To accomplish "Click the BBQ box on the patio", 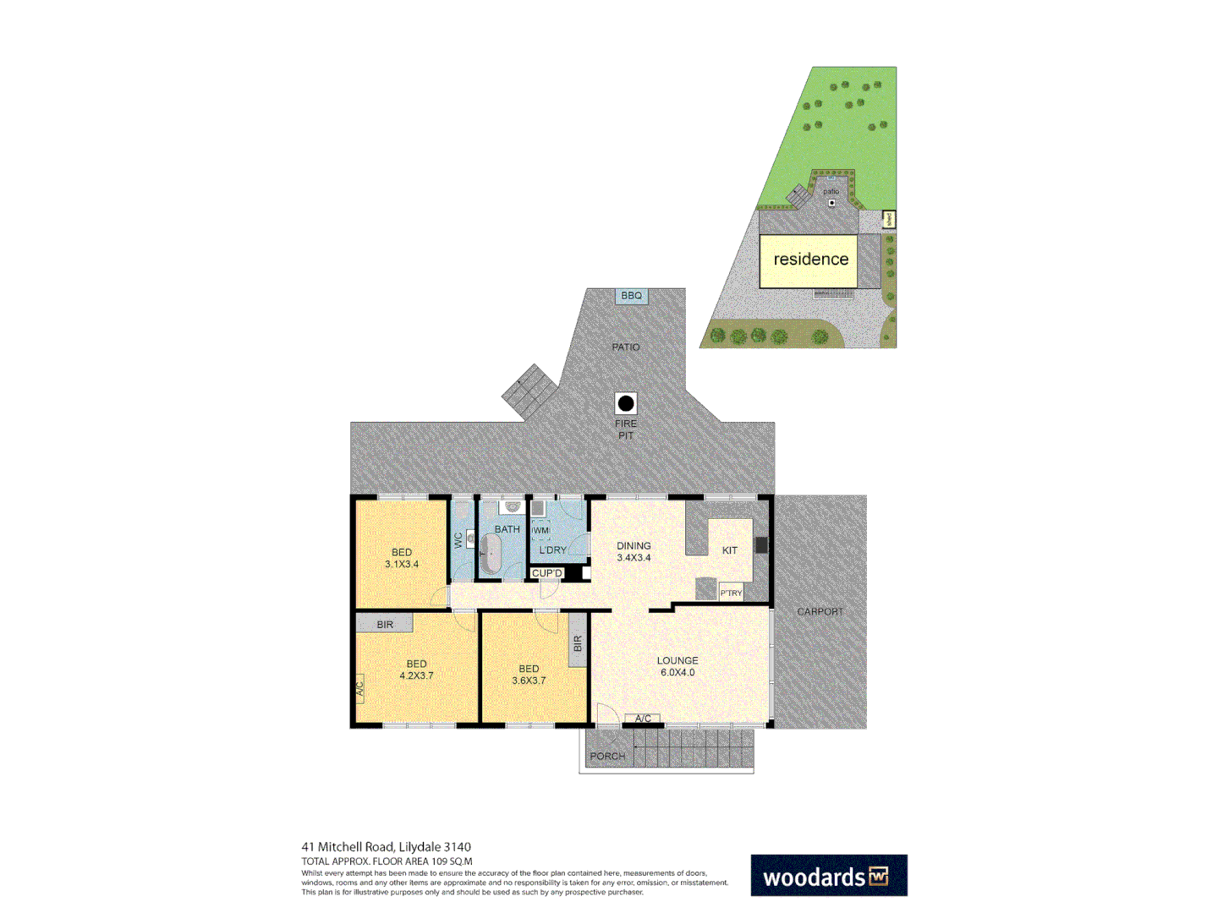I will click(x=631, y=296).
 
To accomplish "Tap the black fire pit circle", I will click(x=626, y=403).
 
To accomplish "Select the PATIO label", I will click(x=626, y=347).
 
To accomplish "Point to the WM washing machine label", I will click(x=540, y=531).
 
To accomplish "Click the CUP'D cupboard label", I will click(x=546, y=573).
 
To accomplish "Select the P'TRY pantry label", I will click(x=731, y=593).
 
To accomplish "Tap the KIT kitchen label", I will click(x=730, y=550).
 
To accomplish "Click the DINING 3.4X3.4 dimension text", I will click(x=634, y=558).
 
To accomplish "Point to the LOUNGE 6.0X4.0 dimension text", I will click(x=678, y=673).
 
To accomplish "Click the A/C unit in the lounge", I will click(x=643, y=719).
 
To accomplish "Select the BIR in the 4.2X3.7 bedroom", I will click(x=385, y=625).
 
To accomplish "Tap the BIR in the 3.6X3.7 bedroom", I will click(x=578, y=644).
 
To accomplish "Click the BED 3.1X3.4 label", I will click(x=402, y=558).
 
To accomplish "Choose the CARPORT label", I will click(x=820, y=611).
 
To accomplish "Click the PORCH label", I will click(x=607, y=756).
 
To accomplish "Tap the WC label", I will click(x=458, y=540).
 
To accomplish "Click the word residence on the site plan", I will click(x=810, y=260).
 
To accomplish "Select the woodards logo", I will click(x=828, y=876).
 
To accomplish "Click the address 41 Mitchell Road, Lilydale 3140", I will click(x=387, y=847).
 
